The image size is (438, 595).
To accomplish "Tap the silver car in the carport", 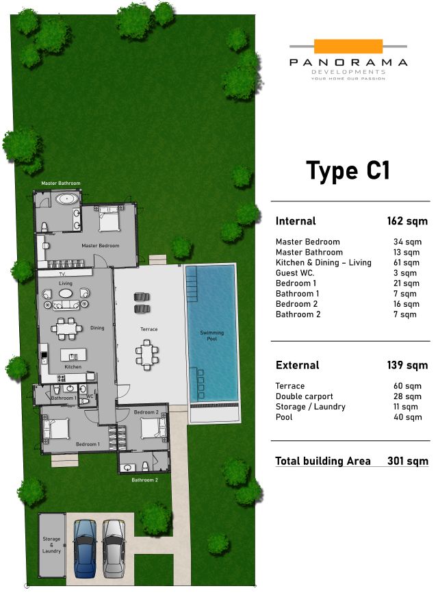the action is pos(113,548).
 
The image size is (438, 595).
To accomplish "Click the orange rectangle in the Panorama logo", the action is pos(348,47).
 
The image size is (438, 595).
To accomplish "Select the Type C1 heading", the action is pos(348,170).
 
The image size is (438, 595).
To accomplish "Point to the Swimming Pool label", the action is pos(212,336).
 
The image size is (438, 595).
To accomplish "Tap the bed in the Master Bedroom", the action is pos(109,218).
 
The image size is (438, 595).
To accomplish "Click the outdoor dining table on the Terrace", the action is pos(146,355).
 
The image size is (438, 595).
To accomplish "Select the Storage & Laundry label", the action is pos(51,545).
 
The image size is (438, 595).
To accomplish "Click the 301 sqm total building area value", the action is pos(408,461).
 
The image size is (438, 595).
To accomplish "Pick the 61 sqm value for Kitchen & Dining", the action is pos(407,263).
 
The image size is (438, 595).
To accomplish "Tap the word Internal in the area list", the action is pos(296,221).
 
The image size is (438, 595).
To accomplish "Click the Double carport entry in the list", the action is pos(304,396).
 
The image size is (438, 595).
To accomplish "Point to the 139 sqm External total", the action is pos(407,365).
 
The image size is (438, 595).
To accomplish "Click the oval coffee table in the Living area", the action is pos(66,293).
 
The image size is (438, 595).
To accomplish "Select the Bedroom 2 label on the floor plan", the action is pos(146,412).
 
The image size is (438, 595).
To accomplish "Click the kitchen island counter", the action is pos(73,355).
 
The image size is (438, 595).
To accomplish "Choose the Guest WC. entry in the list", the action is pos(295,273).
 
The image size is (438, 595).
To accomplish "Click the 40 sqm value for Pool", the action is pos(408,417).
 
